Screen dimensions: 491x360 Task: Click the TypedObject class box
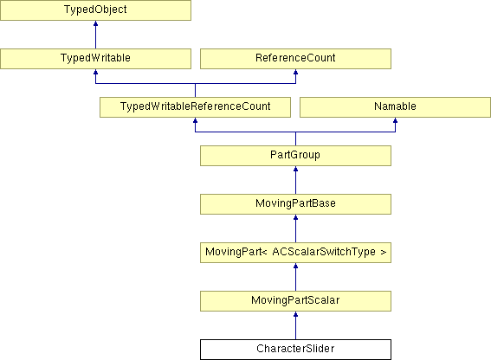[95, 10]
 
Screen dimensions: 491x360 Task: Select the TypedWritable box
[95, 59]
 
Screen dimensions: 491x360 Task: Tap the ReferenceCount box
[295, 59]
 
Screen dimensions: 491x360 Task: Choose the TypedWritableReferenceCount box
[195, 107]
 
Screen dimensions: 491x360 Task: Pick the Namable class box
[395, 107]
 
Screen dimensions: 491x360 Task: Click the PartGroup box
[295, 156]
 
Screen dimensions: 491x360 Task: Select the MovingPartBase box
[295, 204]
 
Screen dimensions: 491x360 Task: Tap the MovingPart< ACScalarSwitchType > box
[295, 253]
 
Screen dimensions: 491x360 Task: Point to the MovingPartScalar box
[295, 301]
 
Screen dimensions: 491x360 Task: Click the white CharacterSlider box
[295, 350]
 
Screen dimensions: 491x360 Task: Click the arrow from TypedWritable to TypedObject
[95, 35]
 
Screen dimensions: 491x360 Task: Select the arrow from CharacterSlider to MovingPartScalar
[295, 325]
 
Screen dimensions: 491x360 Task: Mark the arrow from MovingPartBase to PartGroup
[295, 180]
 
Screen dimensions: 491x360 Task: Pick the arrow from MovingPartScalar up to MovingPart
[295, 277]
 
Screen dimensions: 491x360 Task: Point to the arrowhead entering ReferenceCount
[295, 72]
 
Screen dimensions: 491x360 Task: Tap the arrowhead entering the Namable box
[395, 120]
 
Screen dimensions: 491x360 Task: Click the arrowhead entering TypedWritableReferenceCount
[195, 120]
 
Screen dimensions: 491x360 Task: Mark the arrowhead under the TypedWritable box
[95, 72]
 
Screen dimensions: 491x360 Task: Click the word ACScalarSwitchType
[324, 252]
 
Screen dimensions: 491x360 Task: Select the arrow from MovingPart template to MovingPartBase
[295, 228]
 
